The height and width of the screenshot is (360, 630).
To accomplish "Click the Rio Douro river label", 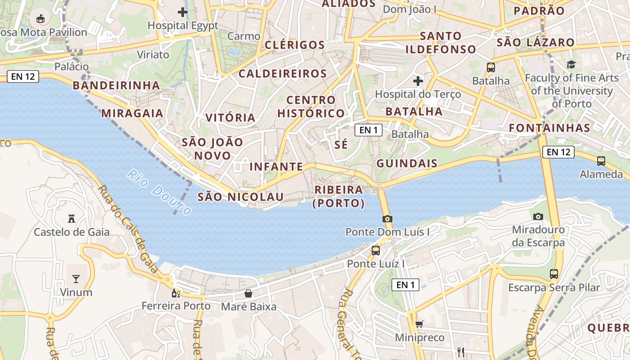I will (x=159, y=192).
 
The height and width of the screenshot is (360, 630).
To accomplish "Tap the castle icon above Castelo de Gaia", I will (x=71, y=219).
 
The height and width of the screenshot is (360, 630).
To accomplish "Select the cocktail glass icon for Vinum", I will (x=76, y=279).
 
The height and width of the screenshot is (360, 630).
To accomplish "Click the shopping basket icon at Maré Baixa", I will (x=248, y=294).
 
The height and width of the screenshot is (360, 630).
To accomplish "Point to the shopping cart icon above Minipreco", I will (x=419, y=324).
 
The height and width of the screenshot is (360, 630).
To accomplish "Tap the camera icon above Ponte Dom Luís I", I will (x=387, y=219).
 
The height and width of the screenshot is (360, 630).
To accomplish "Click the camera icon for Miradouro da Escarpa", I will (x=538, y=216).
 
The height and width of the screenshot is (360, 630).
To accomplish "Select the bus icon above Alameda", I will (x=601, y=161).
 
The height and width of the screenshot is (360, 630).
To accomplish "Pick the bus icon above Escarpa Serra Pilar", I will (x=554, y=274).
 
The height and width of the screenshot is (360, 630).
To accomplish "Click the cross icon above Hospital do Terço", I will (x=418, y=81).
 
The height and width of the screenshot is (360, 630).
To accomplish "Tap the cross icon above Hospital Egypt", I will (x=183, y=12).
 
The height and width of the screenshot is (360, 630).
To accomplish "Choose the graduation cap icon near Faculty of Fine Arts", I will (x=571, y=65).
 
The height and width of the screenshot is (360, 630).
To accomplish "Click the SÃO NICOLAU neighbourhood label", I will (x=241, y=197).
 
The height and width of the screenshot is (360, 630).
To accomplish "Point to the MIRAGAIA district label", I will (x=132, y=113).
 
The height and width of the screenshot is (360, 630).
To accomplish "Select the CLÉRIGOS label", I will (x=295, y=45).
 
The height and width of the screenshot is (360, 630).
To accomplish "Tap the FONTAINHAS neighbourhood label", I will (x=549, y=128).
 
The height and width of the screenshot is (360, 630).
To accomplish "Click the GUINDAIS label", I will (x=407, y=163).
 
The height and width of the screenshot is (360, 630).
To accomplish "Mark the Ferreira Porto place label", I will (x=176, y=306).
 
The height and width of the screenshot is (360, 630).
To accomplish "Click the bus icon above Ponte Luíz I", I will (x=376, y=251).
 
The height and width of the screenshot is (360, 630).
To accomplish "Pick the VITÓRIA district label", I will (x=230, y=118).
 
